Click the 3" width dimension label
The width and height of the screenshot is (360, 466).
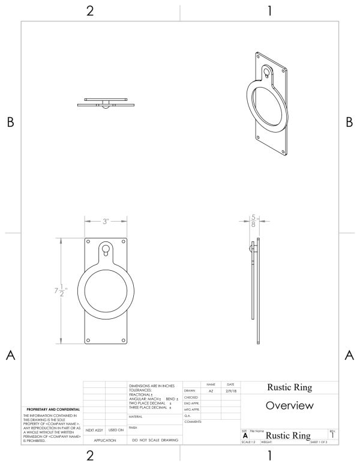106,221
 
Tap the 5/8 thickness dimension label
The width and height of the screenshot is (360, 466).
254,220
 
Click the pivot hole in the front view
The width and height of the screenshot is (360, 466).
106,246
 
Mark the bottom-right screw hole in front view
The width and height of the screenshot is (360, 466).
123,340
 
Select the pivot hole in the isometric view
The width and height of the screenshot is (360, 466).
267,74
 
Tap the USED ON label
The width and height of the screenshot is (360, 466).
116,430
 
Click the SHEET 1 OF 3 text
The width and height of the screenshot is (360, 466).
322,444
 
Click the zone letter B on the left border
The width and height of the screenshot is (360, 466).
10,122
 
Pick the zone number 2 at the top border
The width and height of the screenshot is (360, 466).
91,10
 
